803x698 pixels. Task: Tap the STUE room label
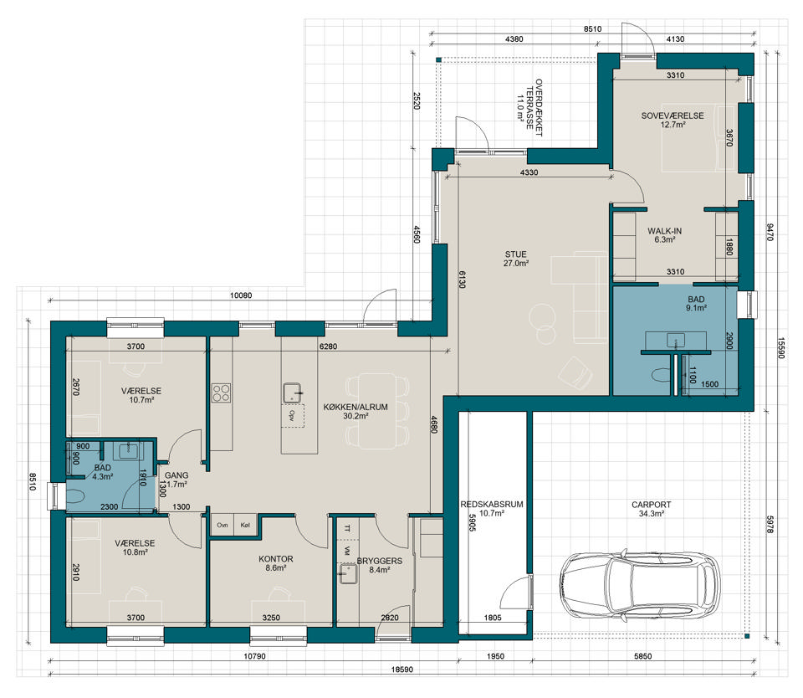tap(516, 254)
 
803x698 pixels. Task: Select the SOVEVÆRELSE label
tap(673, 115)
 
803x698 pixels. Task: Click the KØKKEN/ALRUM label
tap(355, 407)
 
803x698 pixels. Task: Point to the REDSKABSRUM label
tap(492, 505)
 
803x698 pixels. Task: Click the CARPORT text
tap(651, 505)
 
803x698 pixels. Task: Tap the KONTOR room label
tap(275, 559)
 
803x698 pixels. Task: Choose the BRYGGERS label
tap(380, 561)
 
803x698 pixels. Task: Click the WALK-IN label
tap(664, 231)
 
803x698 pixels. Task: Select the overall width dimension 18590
tap(402, 670)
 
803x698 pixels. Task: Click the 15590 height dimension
tap(780, 347)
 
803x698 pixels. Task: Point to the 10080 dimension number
tap(241, 295)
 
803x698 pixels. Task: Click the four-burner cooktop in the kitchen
tap(221, 393)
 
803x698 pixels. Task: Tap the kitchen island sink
tap(293, 392)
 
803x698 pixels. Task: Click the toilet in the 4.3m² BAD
tap(76, 496)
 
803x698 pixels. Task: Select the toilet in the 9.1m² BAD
tap(661, 376)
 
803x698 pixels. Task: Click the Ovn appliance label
tap(222, 526)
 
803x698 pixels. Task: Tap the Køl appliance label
tap(245, 526)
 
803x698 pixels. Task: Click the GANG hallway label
tap(176, 475)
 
